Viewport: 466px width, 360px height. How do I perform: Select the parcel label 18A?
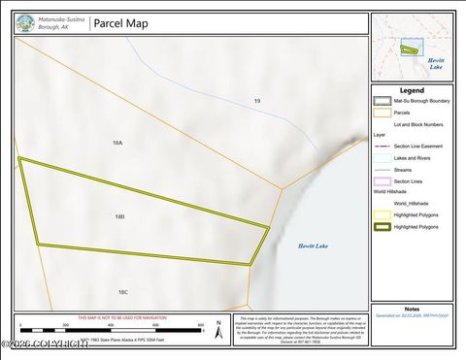(x=117, y=143)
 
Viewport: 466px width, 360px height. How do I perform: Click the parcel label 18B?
(x=119, y=216)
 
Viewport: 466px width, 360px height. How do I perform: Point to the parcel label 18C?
(x=123, y=291)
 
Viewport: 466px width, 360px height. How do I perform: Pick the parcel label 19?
(x=257, y=101)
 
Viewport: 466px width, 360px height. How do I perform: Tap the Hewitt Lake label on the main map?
(x=313, y=246)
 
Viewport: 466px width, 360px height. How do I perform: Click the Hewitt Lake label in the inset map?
(x=437, y=64)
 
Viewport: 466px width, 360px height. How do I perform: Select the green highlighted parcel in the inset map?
(x=413, y=48)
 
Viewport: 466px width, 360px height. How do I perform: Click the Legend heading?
(x=412, y=90)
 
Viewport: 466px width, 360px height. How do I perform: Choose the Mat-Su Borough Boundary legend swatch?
(x=383, y=100)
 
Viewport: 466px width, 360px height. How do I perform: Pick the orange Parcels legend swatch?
(x=383, y=113)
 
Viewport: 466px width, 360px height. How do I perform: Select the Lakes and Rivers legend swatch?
(x=383, y=157)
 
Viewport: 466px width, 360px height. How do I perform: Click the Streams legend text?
(x=403, y=169)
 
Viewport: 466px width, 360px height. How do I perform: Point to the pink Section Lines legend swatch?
(x=383, y=180)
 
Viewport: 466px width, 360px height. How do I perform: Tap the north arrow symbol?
(x=219, y=330)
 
